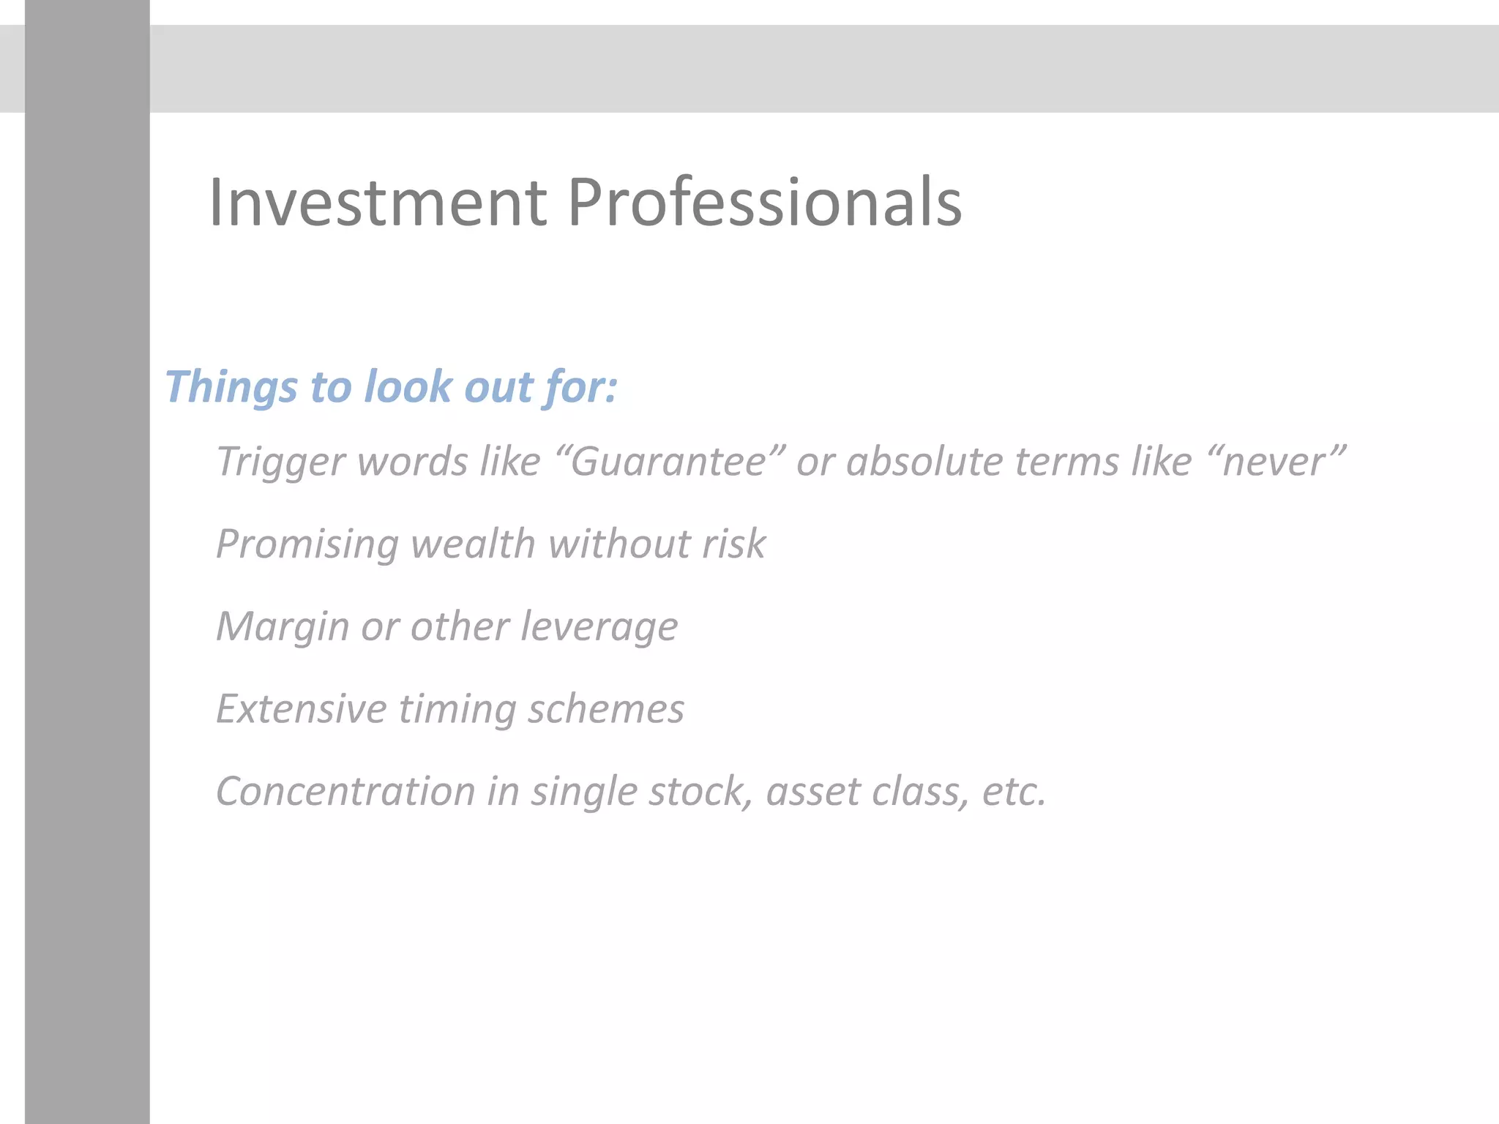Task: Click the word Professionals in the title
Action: (x=764, y=203)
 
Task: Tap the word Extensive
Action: (x=301, y=709)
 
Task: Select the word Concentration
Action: (x=345, y=792)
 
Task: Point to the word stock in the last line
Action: (x=700, y=792)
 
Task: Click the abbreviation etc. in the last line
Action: (x=1014, y=792)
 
